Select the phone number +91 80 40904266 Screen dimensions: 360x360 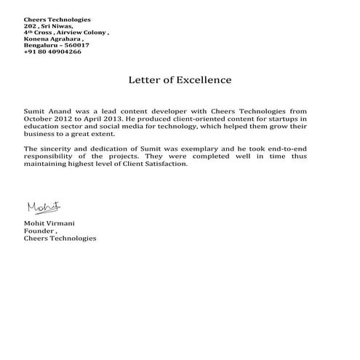(48, 52)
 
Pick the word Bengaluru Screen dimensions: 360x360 (41, 46)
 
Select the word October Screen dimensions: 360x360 (39, 117)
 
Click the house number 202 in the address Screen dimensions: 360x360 (30, 26)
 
